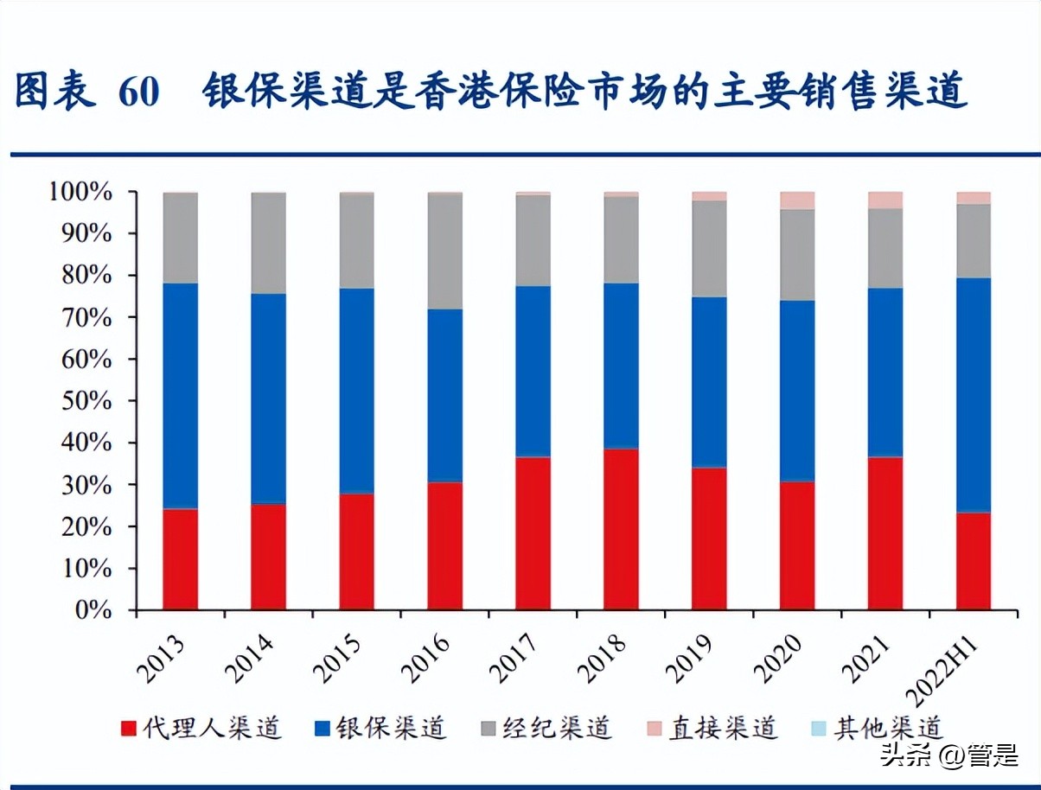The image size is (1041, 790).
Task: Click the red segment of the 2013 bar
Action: point(180,559)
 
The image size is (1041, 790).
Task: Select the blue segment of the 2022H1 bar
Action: point(974,395)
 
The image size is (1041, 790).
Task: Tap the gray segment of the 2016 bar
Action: point(444,251)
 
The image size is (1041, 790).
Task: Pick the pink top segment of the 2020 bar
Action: point(797,201)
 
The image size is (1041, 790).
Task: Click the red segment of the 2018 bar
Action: point(621,529)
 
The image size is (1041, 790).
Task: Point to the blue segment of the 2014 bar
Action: point(268,398)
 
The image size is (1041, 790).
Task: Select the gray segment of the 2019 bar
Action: point(709,249)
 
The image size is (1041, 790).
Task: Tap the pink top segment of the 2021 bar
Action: point(885,201)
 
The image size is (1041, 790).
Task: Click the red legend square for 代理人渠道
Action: point(129,729)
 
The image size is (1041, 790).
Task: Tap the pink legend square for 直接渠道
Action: point(655,729)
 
